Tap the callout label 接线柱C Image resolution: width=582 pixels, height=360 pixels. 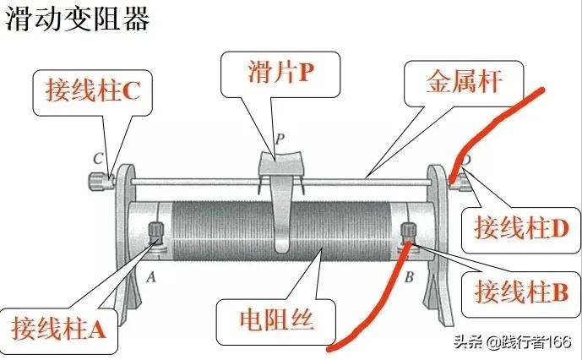point(85,91)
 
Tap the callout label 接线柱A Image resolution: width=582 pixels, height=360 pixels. point(58,326)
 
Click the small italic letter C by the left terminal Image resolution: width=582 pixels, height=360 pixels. point(98,158)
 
